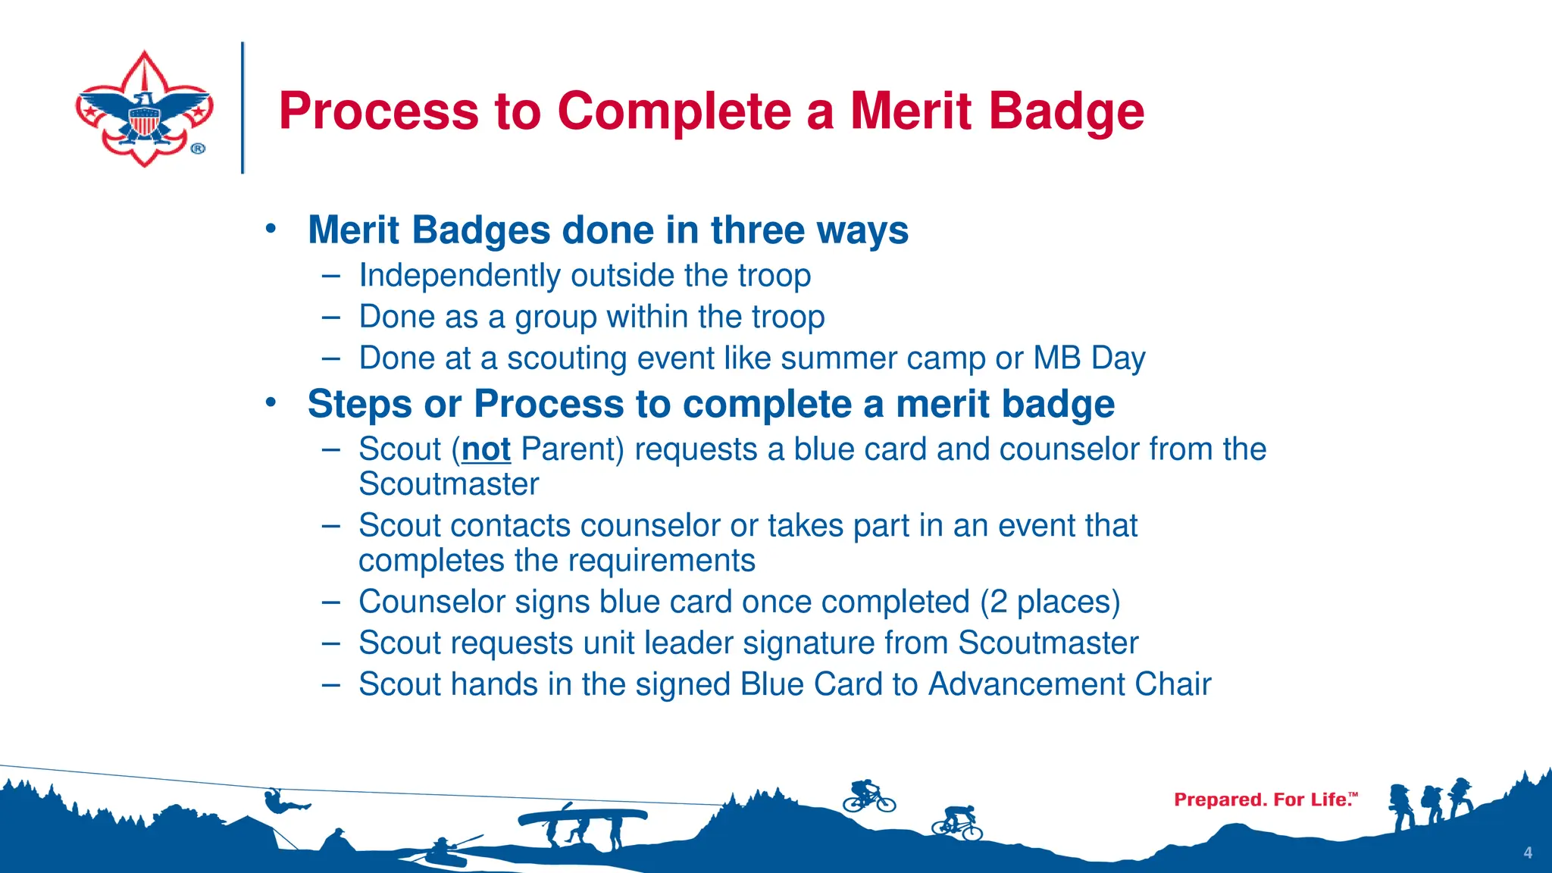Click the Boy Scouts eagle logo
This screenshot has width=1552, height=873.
[144, 108]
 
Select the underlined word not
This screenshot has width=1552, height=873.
[486, 449]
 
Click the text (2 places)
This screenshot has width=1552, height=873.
[1050, 602]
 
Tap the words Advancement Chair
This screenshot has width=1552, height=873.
[1069, 684]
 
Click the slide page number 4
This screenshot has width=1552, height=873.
[1528, 853]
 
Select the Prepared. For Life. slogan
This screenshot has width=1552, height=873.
[1265, 799]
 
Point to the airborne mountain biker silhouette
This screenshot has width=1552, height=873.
[868, 796]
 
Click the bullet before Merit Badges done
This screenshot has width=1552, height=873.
[271, 228]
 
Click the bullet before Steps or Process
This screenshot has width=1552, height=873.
[271, 402]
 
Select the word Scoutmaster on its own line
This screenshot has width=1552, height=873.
[449, 484]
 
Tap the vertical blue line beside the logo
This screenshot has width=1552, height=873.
[242, 108]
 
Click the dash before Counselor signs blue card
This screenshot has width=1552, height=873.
[330, 602]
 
